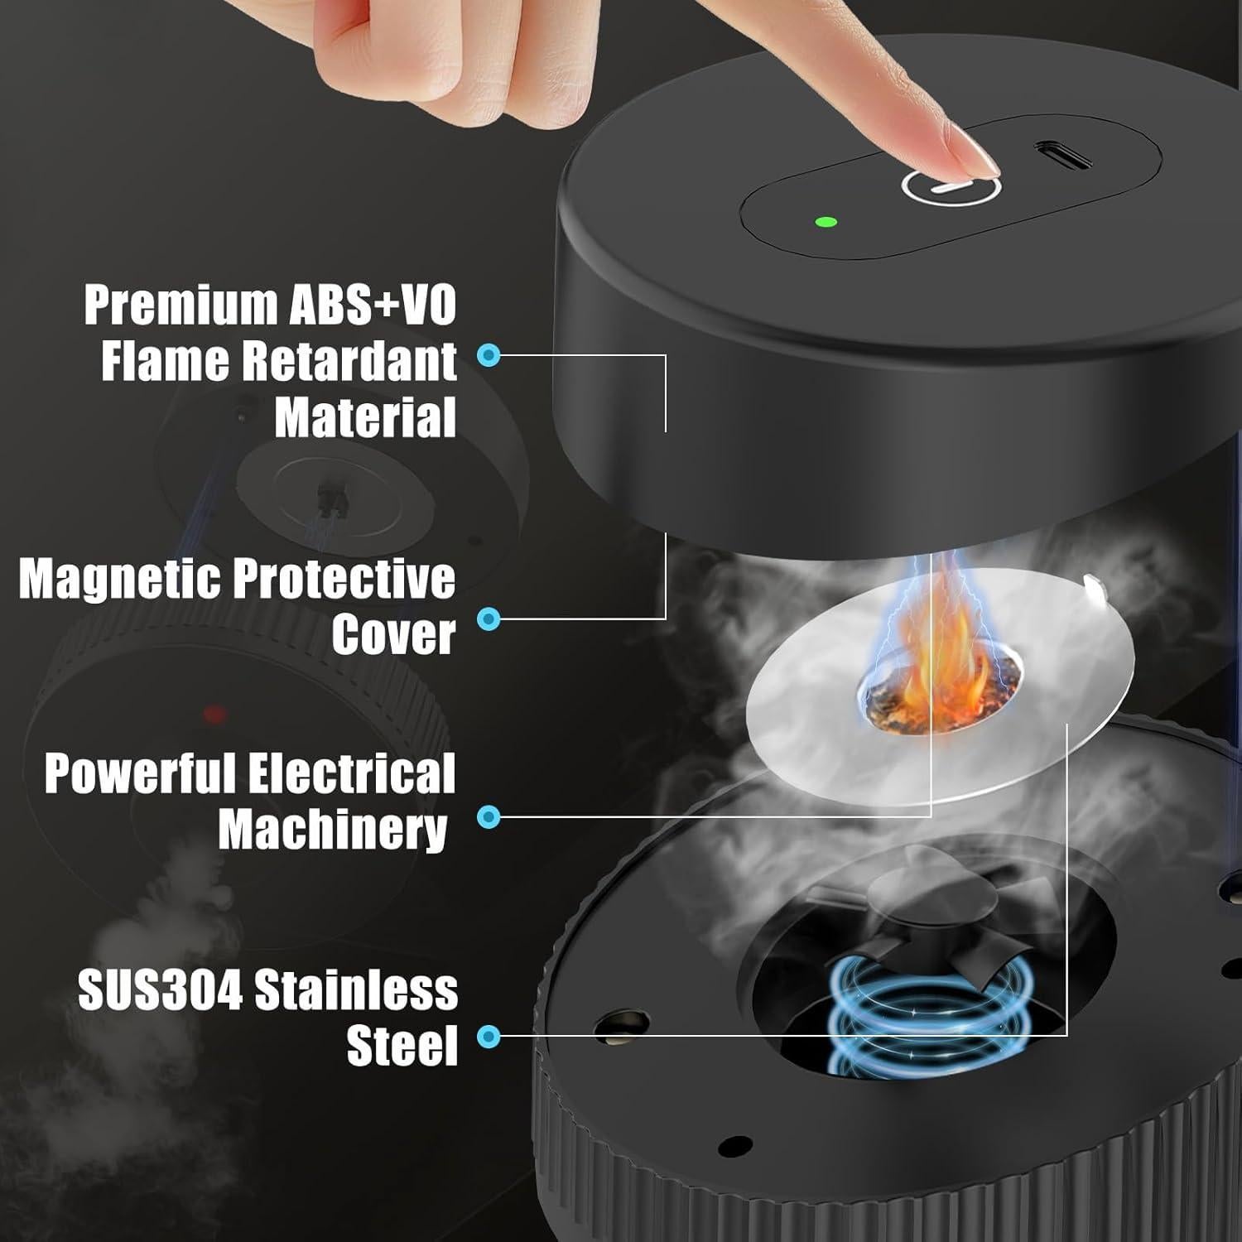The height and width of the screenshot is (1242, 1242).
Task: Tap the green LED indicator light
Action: pos(826,222)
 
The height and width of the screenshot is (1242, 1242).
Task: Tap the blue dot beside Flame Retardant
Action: pos(489,356)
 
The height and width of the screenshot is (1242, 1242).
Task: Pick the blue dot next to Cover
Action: pos(489,619)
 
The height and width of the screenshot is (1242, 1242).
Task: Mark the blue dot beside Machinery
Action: pos(489,817)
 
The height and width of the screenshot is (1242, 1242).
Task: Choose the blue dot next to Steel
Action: pos(489,1036)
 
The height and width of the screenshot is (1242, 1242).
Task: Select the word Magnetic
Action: pos(120,579)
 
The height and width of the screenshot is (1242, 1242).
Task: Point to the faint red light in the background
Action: pos(214,714)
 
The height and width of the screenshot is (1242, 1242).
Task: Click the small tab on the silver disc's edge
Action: pos(1095,590)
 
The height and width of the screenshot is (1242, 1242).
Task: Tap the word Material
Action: pos(365,417)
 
